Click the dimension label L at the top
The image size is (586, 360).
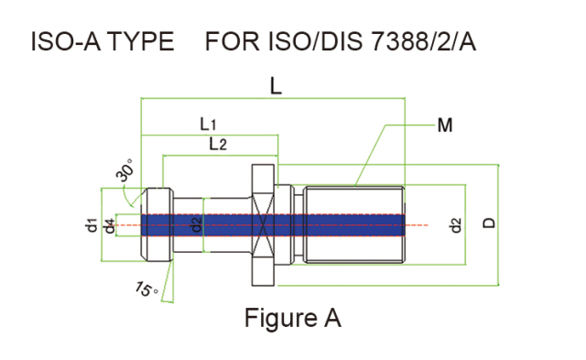click(276, 87)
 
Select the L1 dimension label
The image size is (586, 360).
click(208, 124)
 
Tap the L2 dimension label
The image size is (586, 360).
click(218, 144)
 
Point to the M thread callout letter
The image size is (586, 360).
click(445, 125)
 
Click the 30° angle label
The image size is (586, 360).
click(125, 169)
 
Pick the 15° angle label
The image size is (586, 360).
click(146, 289)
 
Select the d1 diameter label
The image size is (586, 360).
click(92, 224)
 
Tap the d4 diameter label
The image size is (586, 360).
click(110, 225)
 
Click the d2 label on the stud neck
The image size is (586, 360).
click(196, 224)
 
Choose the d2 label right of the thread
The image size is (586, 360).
click(456, 225)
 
